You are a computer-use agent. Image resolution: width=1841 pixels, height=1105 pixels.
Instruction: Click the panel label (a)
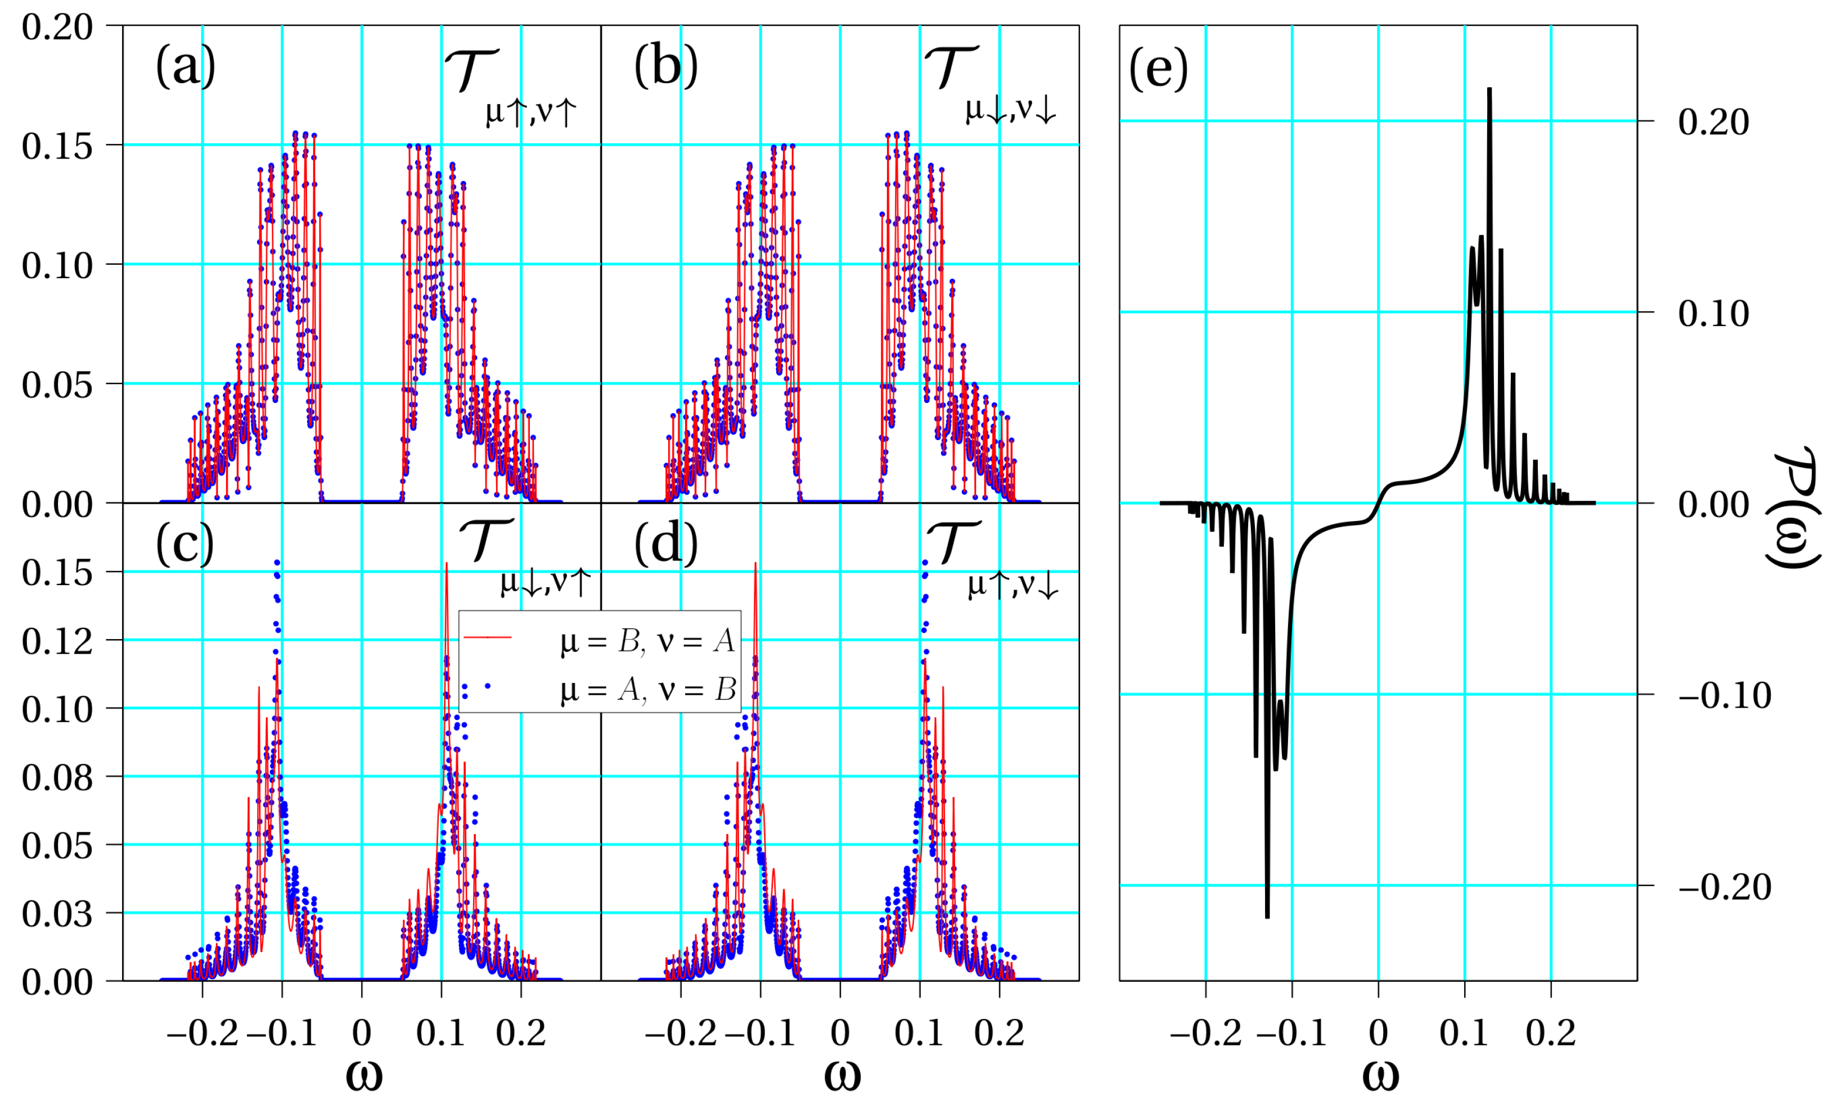pyautogui.click(x=186, y=66)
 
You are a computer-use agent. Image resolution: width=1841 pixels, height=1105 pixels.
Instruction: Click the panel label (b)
pyautogui.click(x=665, y=66)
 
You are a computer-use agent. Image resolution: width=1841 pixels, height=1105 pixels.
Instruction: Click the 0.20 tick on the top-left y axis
pyautogui.click(x=57, y=27)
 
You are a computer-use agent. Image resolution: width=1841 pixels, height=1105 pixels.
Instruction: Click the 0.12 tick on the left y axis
pyautogui.click(x=57, y=640)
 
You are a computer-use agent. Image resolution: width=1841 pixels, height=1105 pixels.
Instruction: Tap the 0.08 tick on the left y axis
pyautogui.click(x=57, y=777)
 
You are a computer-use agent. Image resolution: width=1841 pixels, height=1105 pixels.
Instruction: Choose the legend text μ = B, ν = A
pyautogui.click(x=647, y=641)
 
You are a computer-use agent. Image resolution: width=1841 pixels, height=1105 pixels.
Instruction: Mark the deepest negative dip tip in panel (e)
pyautogui.click(x=1267, y=917)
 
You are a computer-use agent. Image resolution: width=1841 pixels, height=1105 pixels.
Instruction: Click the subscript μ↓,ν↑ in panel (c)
pyautogui.click(x=546, y=583)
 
